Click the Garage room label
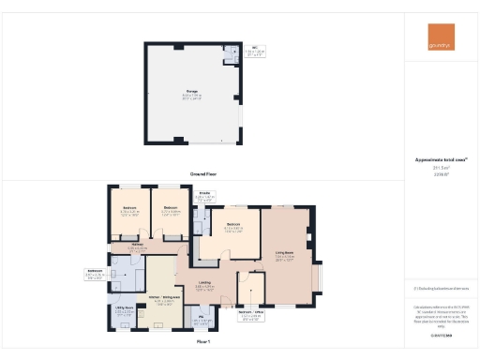pyautogui.click(x=191, y=92)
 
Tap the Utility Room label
pyautogui.click(x=124, y=307)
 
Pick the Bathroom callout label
pyautogui.click(x=94, y=273)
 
